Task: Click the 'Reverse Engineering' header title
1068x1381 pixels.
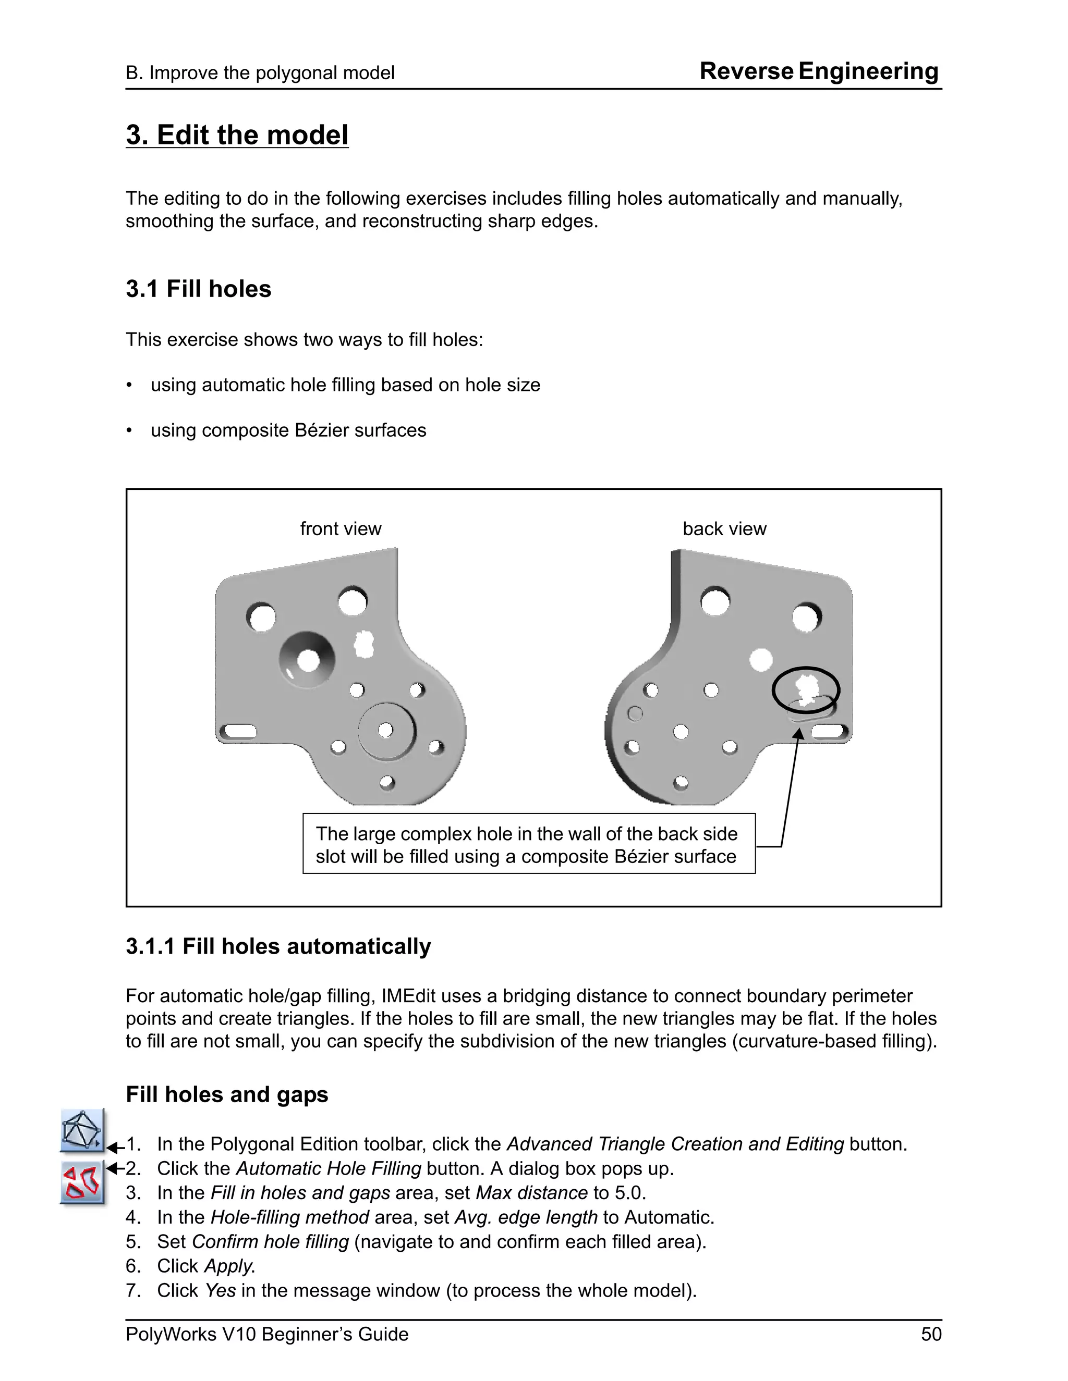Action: pos(819,71)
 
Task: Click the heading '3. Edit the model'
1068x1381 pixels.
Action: pos(237,135)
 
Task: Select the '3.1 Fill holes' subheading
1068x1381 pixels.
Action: pos(198,289)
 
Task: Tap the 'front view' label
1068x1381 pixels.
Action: pos(341,528)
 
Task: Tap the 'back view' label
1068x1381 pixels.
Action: pos(724,528)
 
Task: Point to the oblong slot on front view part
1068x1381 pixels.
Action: pos(238,732)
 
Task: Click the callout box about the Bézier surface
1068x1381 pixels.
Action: pos(528,844)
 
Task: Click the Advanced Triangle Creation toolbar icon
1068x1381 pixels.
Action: pos(82,1131)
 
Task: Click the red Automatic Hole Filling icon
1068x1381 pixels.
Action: pos(82,1182)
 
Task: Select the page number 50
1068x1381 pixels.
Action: pos(931,1334)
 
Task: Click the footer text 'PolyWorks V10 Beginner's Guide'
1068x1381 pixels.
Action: pos(266,1334)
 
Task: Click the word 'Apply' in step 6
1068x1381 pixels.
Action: pos(228,1266)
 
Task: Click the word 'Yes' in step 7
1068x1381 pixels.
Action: pos(220,1290)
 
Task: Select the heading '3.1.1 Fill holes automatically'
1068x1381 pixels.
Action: pos(278,946)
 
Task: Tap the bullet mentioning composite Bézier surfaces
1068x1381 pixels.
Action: pos(288,430)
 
